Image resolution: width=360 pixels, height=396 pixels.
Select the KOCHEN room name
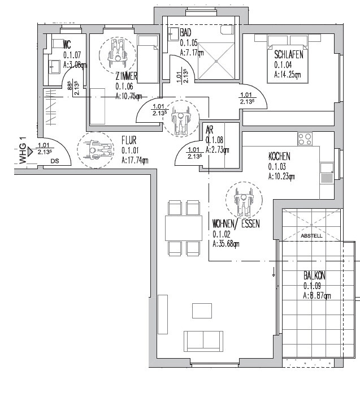click(x=280, y=157)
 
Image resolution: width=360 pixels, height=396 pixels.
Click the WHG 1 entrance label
click(x=23, y=150)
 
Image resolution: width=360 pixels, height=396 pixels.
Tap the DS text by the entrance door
click(x=54, y=161)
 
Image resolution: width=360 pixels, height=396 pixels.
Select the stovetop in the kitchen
click(x=305, y=139)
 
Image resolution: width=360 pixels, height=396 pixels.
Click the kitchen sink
click(x=327, y=168)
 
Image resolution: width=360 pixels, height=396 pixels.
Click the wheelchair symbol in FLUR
click(x=93, y=149)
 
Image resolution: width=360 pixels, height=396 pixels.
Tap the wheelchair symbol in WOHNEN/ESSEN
click(x=243, y=200)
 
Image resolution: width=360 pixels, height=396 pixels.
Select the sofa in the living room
click(x=203, y=341)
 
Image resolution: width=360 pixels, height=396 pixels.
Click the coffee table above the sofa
click(x=202, y=311)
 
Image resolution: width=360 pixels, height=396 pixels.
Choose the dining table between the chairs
click(x=184, y=227)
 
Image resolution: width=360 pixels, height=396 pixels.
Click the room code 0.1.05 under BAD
click(x=188, y=43)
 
